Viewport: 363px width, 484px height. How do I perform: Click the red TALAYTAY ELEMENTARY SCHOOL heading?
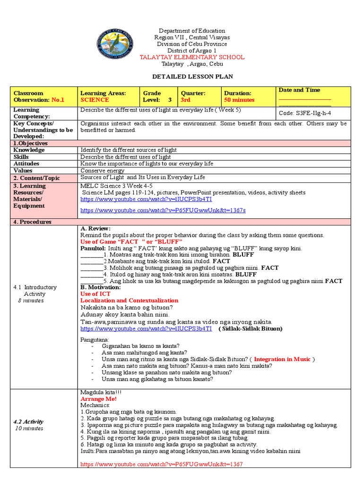192,57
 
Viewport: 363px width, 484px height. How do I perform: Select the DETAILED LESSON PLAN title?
192,77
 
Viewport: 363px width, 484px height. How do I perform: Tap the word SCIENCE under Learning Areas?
95,100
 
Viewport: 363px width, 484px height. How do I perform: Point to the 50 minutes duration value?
239,100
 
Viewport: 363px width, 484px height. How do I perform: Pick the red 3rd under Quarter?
185,100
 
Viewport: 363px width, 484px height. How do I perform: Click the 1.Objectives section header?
31,143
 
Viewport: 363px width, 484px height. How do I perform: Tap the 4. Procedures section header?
32,222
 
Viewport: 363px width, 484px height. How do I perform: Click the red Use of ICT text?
95,294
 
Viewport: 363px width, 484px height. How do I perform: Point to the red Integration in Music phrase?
282,359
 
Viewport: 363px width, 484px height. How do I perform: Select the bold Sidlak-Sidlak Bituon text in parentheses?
251,328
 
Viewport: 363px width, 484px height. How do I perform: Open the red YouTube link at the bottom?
161,465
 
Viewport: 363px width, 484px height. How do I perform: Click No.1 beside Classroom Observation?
58,100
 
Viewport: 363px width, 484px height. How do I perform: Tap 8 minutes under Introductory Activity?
31,300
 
